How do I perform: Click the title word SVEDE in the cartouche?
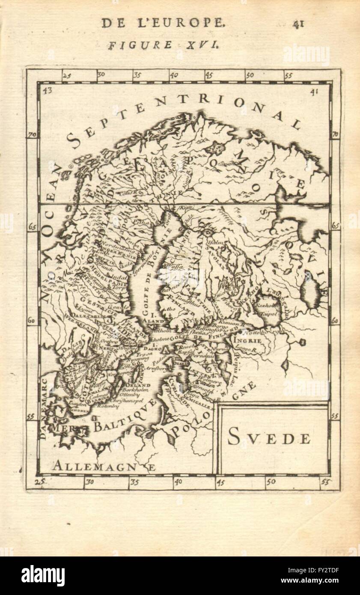tap(269, 437)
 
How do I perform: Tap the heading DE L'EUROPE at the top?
tap(163, 23)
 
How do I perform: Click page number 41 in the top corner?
tap(298, 24)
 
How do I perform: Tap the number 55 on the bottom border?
tap(325, 482)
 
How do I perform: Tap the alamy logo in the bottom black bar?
tap(43, 575)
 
